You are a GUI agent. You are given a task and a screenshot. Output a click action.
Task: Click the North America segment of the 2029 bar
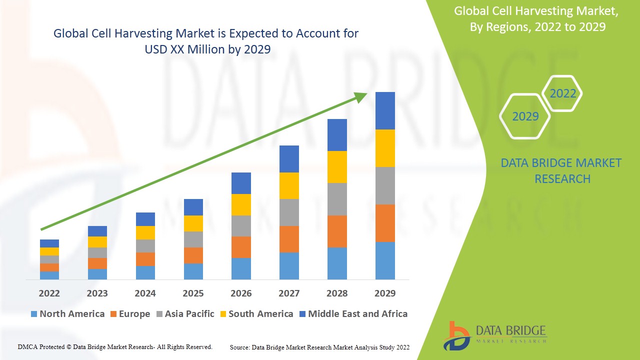pyautogui.click(x=385, y=260)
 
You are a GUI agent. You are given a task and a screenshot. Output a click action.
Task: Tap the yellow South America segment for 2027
pyautogui.click(x=289, y=185)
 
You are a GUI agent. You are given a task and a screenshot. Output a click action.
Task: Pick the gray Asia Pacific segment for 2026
pyautogui.click(x=241, y=226)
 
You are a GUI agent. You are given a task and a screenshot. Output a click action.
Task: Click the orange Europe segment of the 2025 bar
pyautogui.click(x=193, y=255)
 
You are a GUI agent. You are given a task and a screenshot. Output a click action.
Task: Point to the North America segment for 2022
pyautogui.click(x=49, y=275)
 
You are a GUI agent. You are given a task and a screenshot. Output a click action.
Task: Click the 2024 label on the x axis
pyautogui.click(x=145, y=293)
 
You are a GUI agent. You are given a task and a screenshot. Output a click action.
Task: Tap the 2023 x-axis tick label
pyautogui.click(x=97, y=293)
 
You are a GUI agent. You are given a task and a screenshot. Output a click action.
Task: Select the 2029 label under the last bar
pyautogui.click(x=385, y=293)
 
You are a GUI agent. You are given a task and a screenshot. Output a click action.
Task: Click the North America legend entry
pyautogui.click(x=67, y=314)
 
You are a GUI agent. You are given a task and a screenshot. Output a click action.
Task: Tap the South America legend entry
pyautogui.click(x=255, y=314)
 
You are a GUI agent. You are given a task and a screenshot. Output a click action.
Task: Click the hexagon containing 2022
pyautogui.click(x=562, y=93)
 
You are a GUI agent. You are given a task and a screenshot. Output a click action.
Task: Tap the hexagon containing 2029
pyautogui.click(x=525, y=116)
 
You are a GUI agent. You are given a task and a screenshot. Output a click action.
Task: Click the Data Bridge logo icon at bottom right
pyautogui.click(x=455, y=335)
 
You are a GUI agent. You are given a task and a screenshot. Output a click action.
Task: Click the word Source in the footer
pyautogui.click(x=240, y=347)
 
